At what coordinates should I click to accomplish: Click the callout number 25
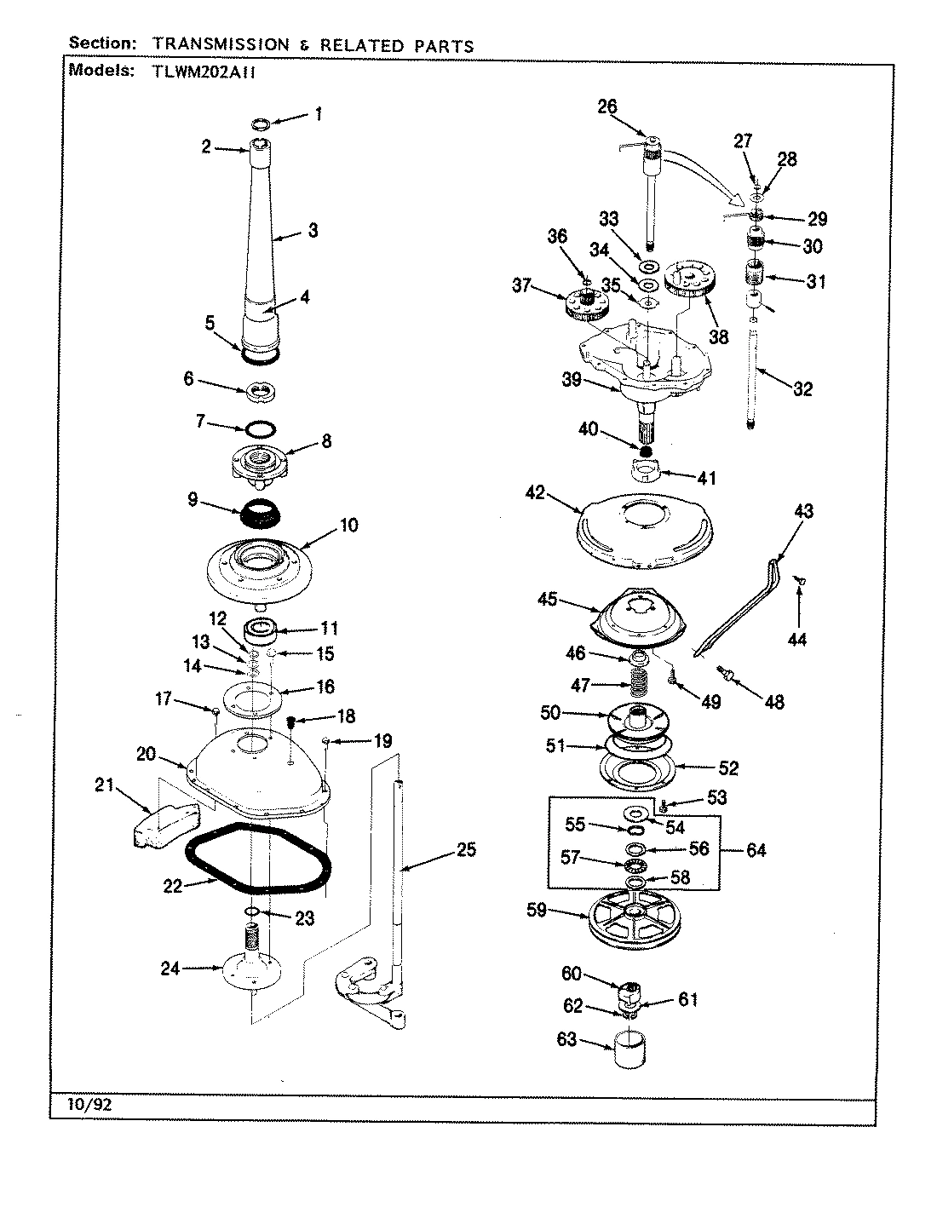(466, 849)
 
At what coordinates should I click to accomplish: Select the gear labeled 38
(693, 279)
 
